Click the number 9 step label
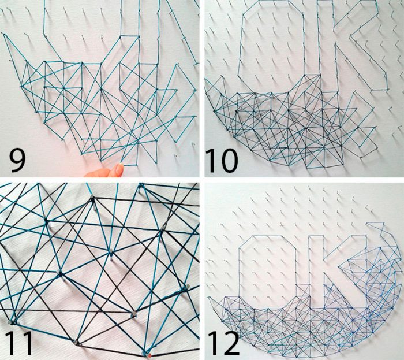tap(17, 161)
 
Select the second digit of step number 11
tap(27, 343)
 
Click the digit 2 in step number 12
tap(231, 343)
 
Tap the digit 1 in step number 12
tap(212, 343)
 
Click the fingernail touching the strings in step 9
tap(119, 168)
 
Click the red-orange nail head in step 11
tap(149, 355)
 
